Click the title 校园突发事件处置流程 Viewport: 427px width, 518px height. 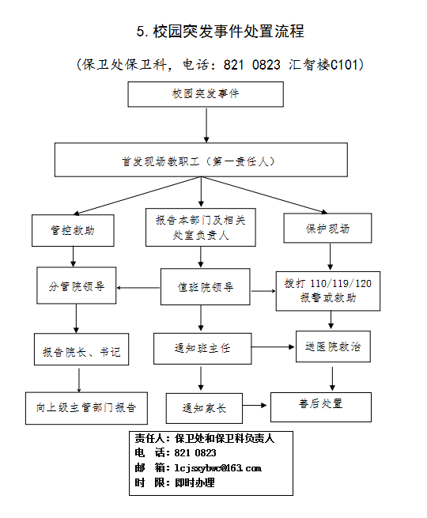(x=221, y=32)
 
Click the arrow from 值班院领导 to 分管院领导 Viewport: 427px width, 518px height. (x=138, y=288)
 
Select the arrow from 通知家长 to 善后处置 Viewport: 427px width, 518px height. (x=255, y=406)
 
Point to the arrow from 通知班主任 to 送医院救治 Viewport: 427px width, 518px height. (x=273, y=347)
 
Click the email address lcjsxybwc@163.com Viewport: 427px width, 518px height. (x=218, y=468)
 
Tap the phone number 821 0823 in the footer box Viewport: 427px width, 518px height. (x=195, y=452)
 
